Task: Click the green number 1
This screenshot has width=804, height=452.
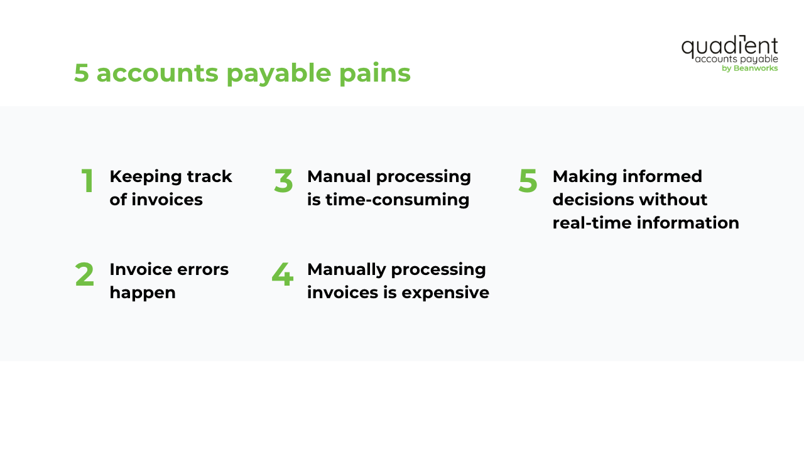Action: click(x=88, y=181)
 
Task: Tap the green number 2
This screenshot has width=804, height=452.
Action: click(x=84, y=275)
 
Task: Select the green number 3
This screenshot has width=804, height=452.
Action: click(x=283, y=181)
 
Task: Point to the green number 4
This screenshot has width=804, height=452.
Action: click(x=283, y=275)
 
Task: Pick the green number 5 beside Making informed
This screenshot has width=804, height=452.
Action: click(x=528, y=181)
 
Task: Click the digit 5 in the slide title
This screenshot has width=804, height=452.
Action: click(x=81, y=73)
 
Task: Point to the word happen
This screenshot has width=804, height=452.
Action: click(x=142, y=293)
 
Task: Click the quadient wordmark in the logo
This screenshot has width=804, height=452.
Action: click(x=729, y=46)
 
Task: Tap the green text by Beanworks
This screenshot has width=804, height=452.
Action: click(x=749, y=68)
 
